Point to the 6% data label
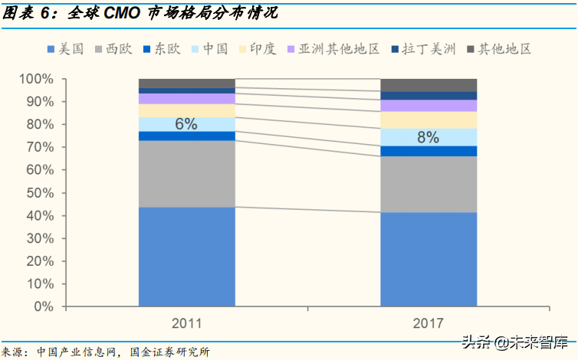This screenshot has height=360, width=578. point(186,123)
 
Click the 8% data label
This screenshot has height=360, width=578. point(428,137)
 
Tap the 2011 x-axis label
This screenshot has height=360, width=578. point(187,322)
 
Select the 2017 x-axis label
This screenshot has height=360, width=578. point(428,322)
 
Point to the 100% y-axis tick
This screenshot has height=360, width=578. point(36,79)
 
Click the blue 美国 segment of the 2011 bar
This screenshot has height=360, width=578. point(187,257)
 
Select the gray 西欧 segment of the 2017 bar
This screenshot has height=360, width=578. point(429,184)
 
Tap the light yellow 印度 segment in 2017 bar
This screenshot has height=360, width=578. point(429,119)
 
